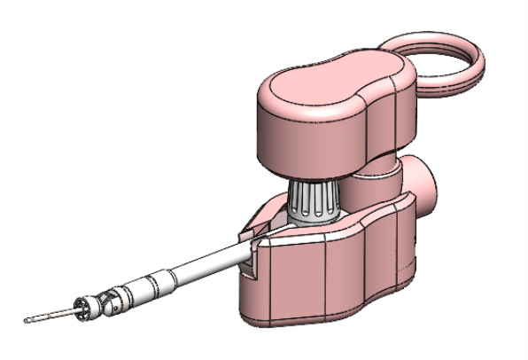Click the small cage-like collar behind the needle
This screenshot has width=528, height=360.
coord(81,308)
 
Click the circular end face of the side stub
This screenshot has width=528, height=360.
coord(431,182)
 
